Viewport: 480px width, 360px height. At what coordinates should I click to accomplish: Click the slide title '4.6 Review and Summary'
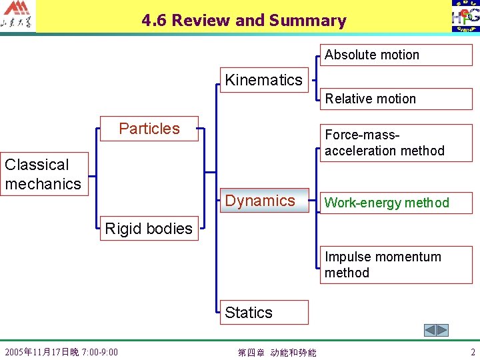tap(243, 21)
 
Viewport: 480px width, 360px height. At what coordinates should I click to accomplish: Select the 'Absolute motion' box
tap(395, 55)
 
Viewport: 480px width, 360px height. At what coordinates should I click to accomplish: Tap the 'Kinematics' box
tap(264, 81)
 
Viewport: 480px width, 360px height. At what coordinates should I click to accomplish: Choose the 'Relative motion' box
tap(395, 99)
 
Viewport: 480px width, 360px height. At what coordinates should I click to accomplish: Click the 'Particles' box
tap(149, 129)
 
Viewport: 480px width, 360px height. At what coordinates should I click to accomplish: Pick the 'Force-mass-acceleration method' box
tap(395, 143)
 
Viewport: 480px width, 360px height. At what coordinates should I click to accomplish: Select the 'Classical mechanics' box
tap(44, 175)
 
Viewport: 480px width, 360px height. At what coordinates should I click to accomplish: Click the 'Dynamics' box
tap(264, 201)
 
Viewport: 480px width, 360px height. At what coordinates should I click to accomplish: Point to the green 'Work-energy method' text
tap(387, 203)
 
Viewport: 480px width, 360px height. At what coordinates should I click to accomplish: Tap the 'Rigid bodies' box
tap(149, 229)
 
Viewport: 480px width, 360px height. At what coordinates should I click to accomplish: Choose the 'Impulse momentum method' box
tap(395, 265)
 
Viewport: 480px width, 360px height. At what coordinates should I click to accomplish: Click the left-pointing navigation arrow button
tap(431, 330)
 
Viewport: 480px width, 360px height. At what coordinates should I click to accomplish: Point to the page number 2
tap(473, 352)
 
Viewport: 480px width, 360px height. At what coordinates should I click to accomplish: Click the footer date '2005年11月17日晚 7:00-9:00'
tap(61, 352)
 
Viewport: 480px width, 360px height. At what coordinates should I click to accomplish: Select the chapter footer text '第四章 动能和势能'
tap(277, 352)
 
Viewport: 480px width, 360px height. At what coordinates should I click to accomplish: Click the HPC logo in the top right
tap(465, 17)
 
